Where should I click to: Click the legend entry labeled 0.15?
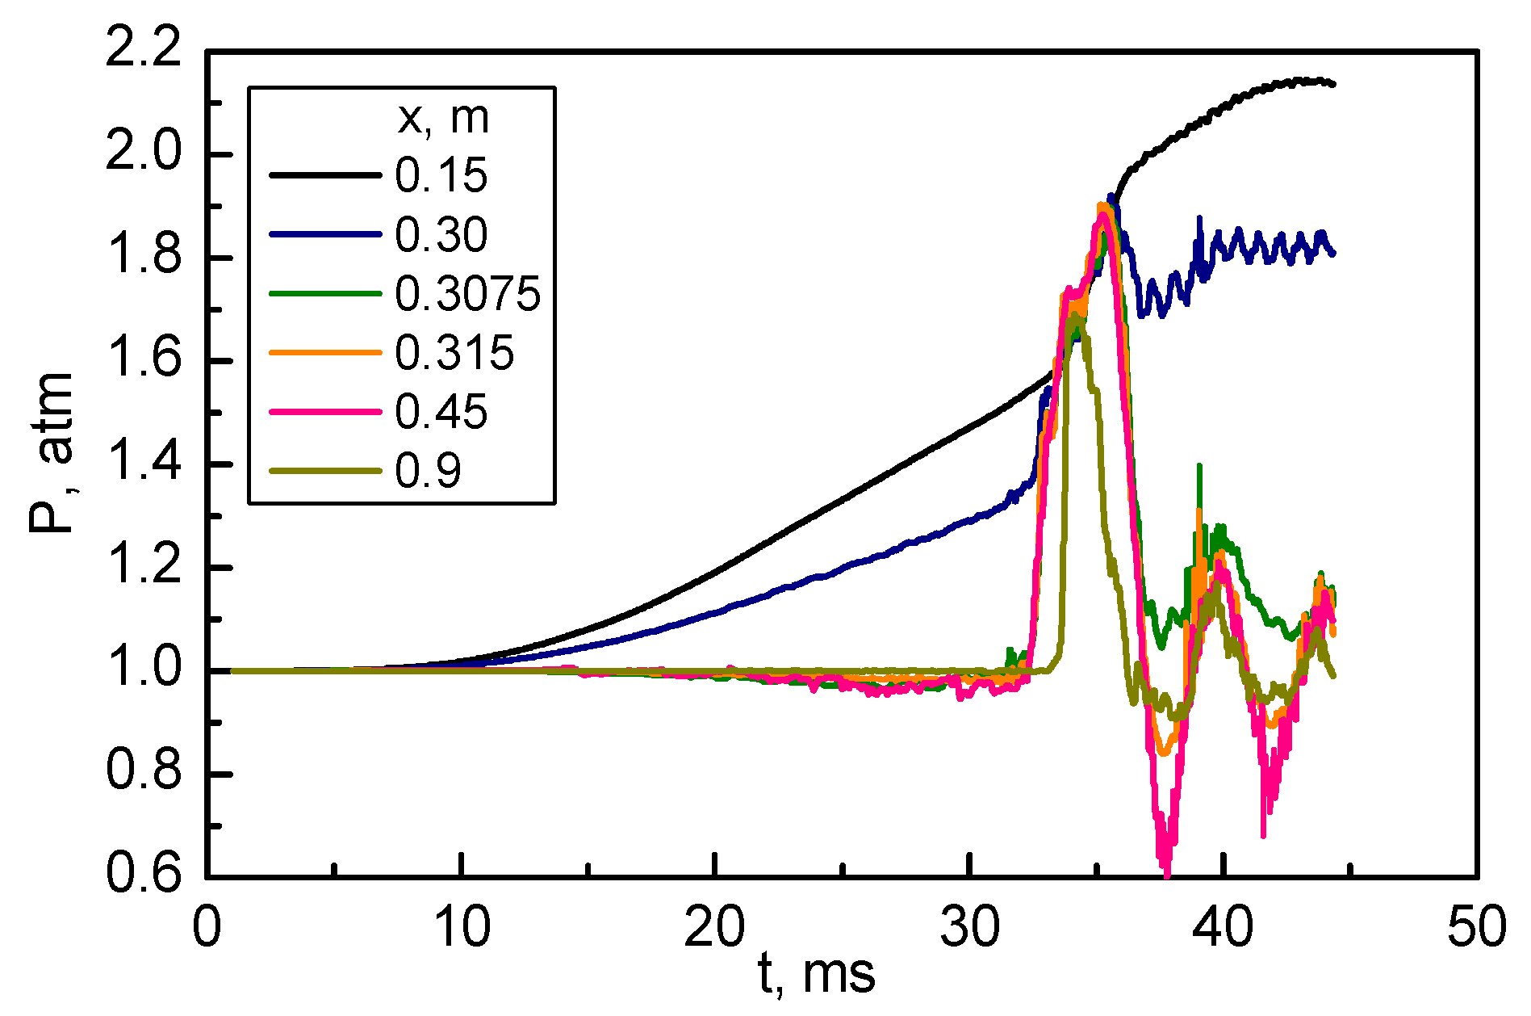pyautogui.click(x=441, y=175)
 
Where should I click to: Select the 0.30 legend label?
pyautogui.click(x=441, y=235)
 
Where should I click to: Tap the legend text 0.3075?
pyautogui.click(x=467, y=294)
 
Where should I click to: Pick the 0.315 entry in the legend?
pyautogui.click(x=454, y=353)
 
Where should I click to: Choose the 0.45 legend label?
pyautogui.click(x=441, y=412)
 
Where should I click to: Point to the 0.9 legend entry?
pyautogui.click(x=428, y=471)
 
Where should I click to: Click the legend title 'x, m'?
pyautogui.click(x=443, y=118)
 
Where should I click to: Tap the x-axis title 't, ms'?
pyautogui.click(x=817, y=974)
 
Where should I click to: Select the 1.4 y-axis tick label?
pyautogui.click(x=144, y=464)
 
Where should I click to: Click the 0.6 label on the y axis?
pyautogui.click(x=144, y=877)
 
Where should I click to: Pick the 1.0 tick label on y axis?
pyautogui.click(x=144, y=670)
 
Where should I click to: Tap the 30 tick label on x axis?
pyautogui.click(x=969, y=926)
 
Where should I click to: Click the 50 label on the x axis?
pyautogui.click(x=1476, y=926)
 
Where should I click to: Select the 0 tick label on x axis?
pyautogui.click(x=207, y=926)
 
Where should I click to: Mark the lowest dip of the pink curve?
pyautogui.click(x=1166, y=874)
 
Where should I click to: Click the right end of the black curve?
pyautogui.click(x=1332, y=84)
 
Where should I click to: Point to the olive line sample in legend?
pyautogui.click(x=325, y=471)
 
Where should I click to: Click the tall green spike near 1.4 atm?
pyautogui.click(x=1199, y=466)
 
